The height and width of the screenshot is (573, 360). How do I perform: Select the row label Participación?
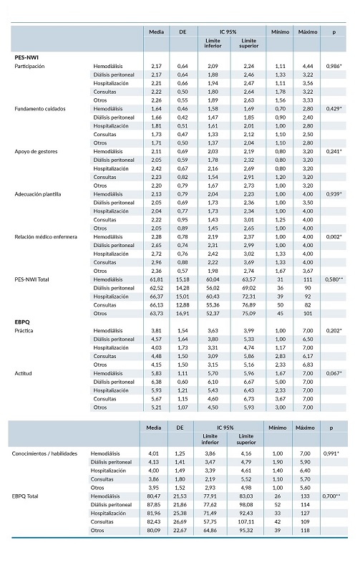(30, 65)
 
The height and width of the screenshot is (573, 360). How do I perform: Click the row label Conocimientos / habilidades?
(44, 454)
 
